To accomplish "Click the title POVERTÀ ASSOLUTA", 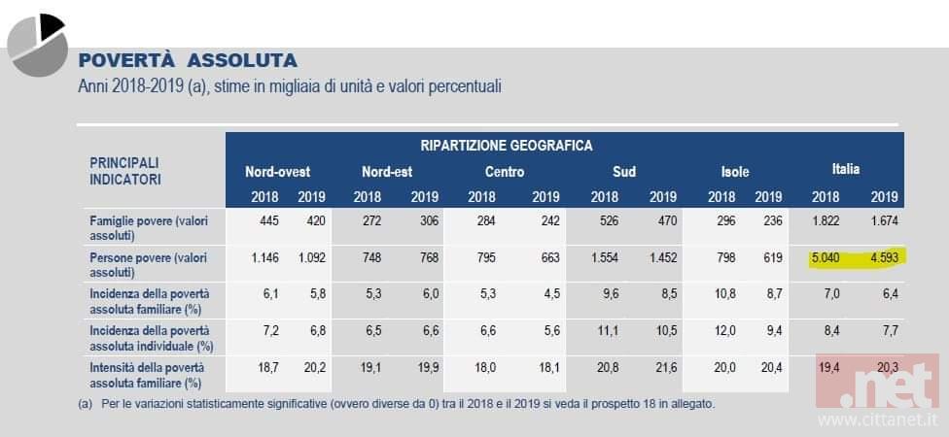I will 188,60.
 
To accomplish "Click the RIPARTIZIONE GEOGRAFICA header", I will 506,146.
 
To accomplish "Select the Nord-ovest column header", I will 277,172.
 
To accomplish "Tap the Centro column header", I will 505,172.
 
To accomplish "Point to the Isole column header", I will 734,172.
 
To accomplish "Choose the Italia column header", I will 845,169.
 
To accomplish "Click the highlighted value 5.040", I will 831,258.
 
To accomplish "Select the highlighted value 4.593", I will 882,258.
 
